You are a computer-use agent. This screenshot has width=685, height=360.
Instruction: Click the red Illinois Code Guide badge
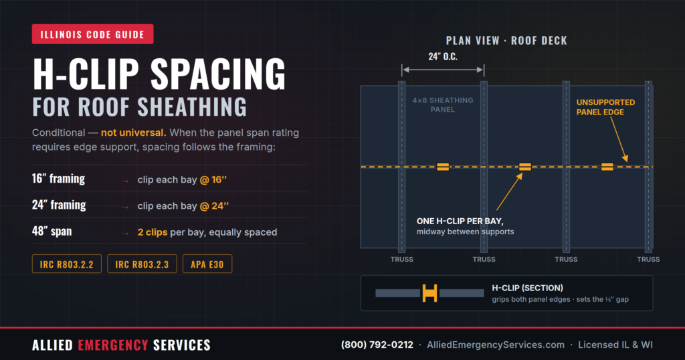coord(92,34)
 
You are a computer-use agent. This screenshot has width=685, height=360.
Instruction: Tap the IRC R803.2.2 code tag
coord(67,264)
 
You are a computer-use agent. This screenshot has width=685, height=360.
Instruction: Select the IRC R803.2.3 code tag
coord(142,264)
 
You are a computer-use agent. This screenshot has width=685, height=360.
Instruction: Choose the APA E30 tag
coord(207,264)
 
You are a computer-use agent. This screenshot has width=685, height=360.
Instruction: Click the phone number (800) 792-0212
coord(377,345)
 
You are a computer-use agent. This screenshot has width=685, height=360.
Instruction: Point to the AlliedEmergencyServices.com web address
coord(496,345)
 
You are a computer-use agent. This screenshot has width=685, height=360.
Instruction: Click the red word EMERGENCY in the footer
coord(113,345)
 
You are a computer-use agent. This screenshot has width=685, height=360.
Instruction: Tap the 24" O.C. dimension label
coord(443,56)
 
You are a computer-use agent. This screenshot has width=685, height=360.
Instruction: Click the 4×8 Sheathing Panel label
coord(443,105)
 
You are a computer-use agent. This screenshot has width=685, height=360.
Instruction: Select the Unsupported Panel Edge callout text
coord(605,107)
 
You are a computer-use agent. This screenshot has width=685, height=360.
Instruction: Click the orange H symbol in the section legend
coord(429,293)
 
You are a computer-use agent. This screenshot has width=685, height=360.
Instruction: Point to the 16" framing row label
coord(59,179)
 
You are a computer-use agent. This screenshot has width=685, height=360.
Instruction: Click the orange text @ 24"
coord(214,206)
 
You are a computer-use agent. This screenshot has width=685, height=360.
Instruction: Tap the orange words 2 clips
coord(153,232)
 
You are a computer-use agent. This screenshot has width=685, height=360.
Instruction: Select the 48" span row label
coord(52,231)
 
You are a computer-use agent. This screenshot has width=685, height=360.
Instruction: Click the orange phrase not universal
coord(133,132)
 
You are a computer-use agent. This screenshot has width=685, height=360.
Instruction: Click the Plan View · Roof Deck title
coord(506,41)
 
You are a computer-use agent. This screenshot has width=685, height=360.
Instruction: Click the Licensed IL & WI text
coord(615,345)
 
